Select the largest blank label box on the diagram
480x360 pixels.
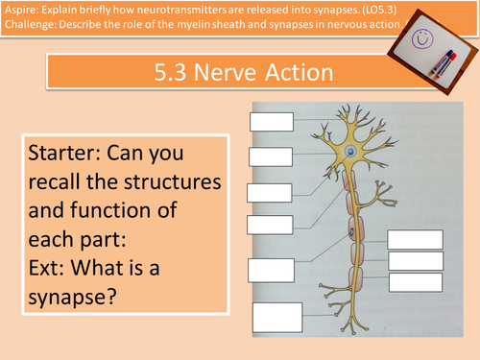pos(277,318)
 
